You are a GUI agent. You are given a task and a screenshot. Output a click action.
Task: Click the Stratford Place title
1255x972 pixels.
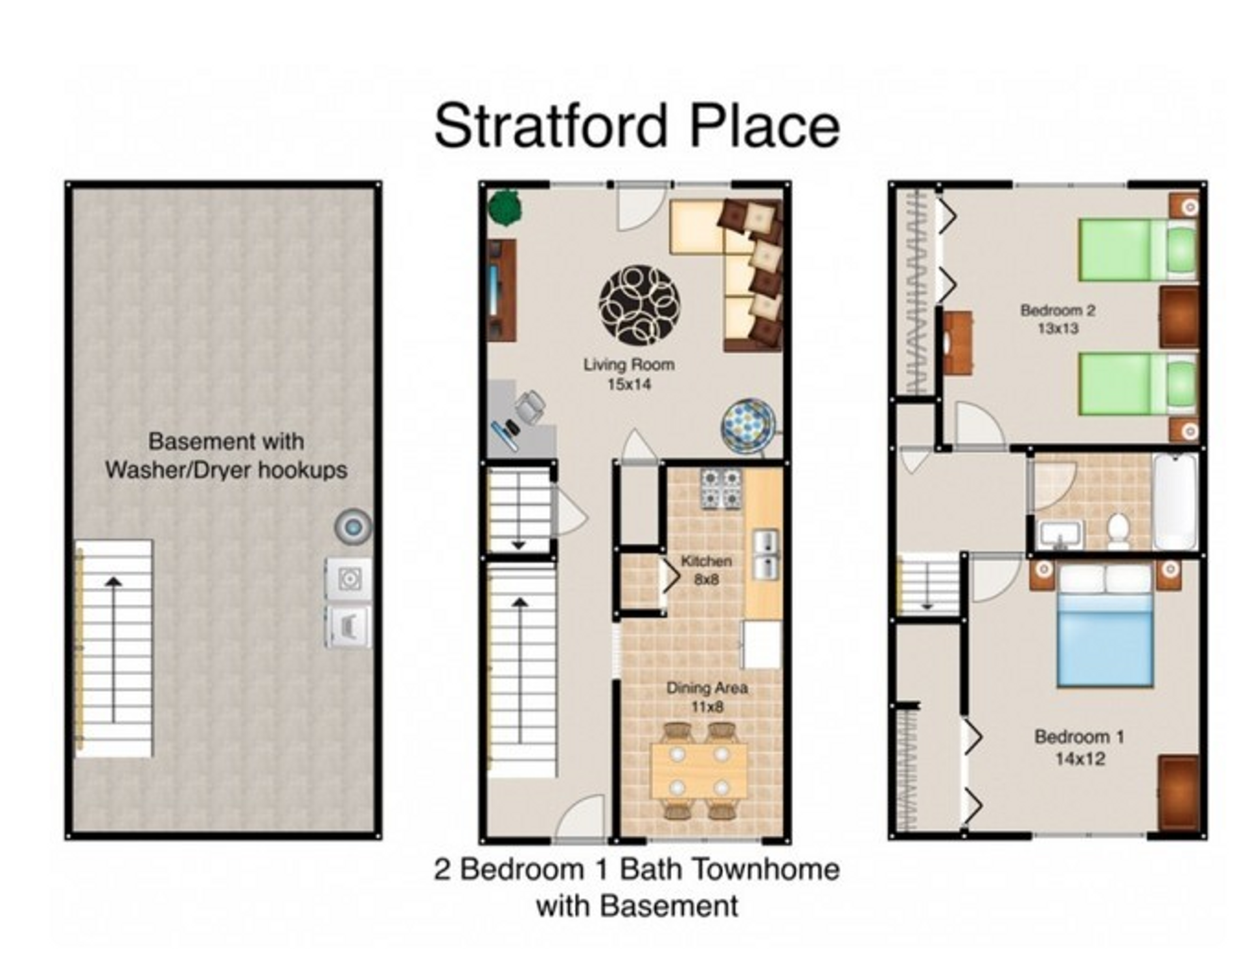click(x=637, y=126)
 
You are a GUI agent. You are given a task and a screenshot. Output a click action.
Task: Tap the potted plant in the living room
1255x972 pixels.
click(x=505, y=208)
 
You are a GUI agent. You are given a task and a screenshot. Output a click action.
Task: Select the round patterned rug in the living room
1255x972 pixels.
click(x=639, y=305)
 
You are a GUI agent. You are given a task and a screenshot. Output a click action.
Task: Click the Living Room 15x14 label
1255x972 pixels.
click(x=629, y=374)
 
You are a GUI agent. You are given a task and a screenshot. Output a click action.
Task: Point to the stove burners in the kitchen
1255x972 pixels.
click(x=722, y=489)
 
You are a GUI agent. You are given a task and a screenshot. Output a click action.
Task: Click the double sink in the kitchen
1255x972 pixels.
click(x=766, y=554)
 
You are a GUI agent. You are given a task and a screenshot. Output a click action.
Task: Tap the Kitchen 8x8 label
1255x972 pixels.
click(x=706, y=570)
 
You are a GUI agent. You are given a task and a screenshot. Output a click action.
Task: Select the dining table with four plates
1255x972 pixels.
click(x=699, y=771)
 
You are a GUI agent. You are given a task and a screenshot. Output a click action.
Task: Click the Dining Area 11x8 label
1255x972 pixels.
click(x=707, y=697)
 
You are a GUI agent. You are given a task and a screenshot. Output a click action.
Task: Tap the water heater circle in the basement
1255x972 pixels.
click(x=353, y=526)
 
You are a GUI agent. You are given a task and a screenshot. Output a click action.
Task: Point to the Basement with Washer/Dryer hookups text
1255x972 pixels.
click(x=226, y=456)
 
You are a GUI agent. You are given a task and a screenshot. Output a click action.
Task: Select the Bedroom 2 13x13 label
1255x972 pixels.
click(x=1058, y=319)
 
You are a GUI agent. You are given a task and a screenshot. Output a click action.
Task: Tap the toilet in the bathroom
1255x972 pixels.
click(x=1118, y=531)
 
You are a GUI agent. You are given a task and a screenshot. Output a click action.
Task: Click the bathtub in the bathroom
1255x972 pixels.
click(x=1175, y=502)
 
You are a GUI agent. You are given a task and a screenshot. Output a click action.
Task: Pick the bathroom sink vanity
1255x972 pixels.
click(x=1060, y=535)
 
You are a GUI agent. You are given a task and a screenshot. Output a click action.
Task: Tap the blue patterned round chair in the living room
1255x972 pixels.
click(x=748, y=426)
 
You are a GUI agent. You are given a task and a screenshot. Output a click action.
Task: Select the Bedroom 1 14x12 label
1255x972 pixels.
click(x=1079, y=747)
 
